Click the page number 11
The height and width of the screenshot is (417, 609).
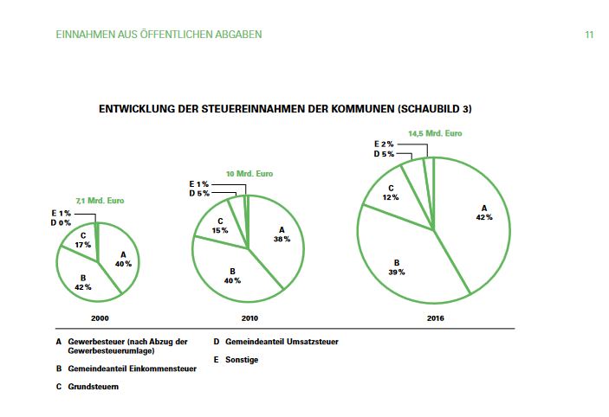pyautogui.click(x=588, y=35)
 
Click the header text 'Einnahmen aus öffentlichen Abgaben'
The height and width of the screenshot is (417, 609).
pyautogui.click(x=158, y=35)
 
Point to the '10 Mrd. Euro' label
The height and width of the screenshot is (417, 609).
pyautogui.click(x=249, y=174)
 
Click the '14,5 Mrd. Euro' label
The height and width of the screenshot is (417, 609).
pyautogui.click(x=435, y=134)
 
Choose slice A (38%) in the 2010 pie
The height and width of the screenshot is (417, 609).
pyautogui.click(x=280, y=234)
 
